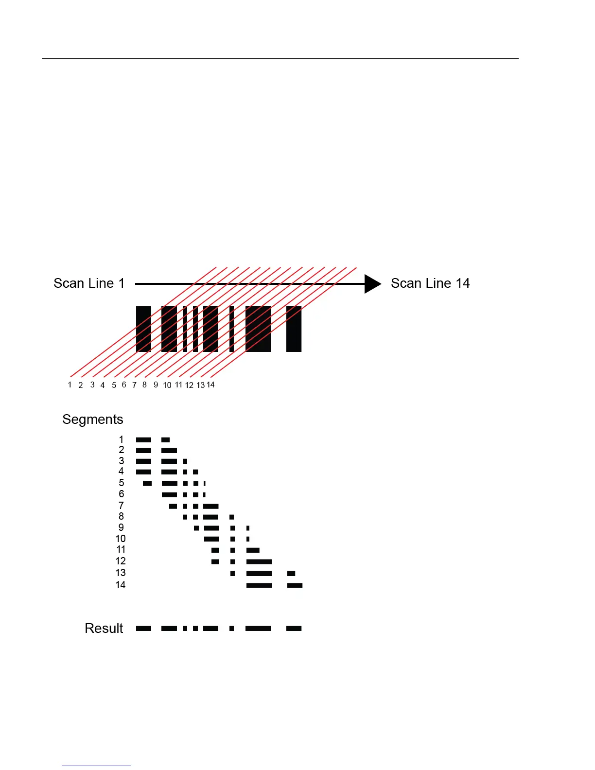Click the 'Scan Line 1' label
pyautogui.click(x=89, y=283)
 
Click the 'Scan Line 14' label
pyautogui.click(x=430, y=283)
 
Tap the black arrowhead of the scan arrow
pyautogui.click(x=372, y=284)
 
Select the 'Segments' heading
pyautogui.click(x=93, y=420)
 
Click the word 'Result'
pyautogui.click(x=104, y=629)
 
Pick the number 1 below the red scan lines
pyautogui.click(x=70, y=385)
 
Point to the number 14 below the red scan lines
pyautogui.click(x=210, y=385)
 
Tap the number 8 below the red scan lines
pyautogui.click(x=144, y=385)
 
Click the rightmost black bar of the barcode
pyautogui.click(x=294, y=329)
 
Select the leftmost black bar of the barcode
pyautogui.click(x=143, y=329)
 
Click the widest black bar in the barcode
pyautogui.click(x=258, y=329)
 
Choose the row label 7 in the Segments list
pyautogui.click(x=121, y=506)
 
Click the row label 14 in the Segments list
pyautogui.click(x=121, y=585)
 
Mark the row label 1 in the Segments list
pyautogui.click(x=121, y=439)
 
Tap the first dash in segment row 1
pyautogui.click(x=143, y=440)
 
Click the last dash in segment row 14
pyautogui.click(x=295, y=585)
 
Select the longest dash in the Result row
pyautogui.click(x=258, y=629)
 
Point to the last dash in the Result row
pyautogui.click(x=294, y=629)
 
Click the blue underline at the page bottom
pyautogui.click(x=96, y=766)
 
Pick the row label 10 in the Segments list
pyautogui.click(x=121, y=539)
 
